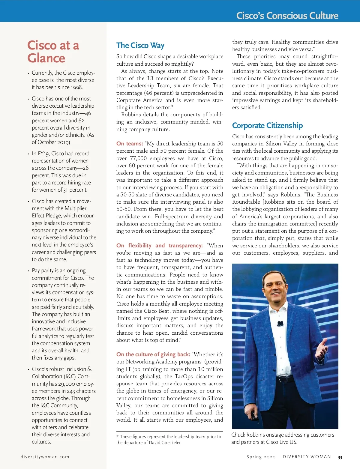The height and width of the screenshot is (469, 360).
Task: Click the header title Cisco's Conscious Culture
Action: [x=287, y=16]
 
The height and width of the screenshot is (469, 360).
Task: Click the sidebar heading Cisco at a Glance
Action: [x=53, y=52]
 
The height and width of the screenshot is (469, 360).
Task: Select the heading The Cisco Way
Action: [x=140, y=46]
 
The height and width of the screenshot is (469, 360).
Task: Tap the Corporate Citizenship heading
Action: [x=267, y=125]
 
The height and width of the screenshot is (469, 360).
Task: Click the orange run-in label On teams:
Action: [x=130, y=144]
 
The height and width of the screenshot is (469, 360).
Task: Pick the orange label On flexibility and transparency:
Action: [x=159, y=246]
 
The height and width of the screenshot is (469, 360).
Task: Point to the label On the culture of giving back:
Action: [x=153, y=354]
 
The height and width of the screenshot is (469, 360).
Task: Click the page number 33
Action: [x=340, y=457]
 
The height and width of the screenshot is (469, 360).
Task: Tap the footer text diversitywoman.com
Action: [x=45, y=457]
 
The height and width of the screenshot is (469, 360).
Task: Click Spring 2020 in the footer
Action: [x=261, y=457]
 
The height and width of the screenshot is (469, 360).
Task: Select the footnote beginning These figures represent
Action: [x=169, y=440]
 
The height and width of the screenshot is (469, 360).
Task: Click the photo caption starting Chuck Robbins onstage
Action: [x=282, y=438]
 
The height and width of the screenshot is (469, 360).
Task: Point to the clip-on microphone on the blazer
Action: [x=280, y=323]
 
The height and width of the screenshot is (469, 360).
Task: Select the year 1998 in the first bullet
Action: [x=76, y=88]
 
